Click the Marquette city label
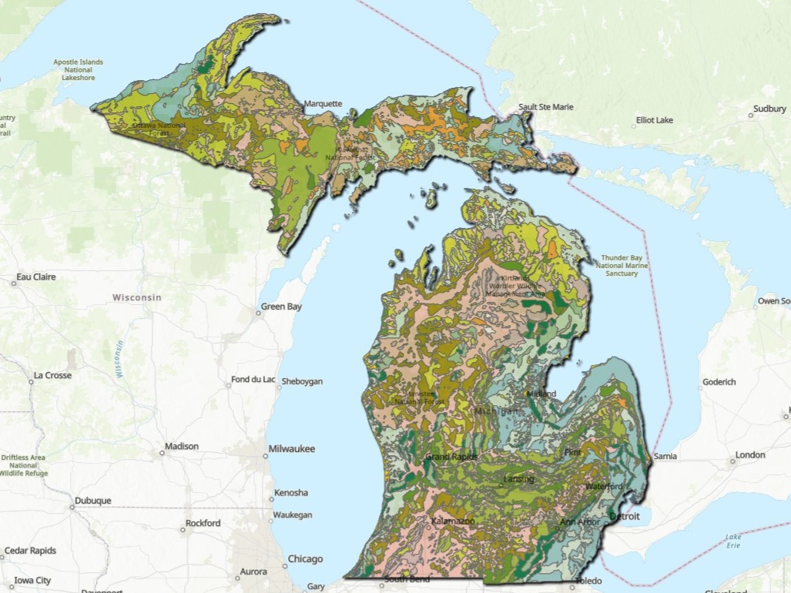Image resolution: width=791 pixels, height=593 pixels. (323, 103)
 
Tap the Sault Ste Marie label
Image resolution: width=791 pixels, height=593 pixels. (545, 107)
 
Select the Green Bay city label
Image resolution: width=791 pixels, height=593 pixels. (281, 307)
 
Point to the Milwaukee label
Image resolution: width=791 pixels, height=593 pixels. (291, 448)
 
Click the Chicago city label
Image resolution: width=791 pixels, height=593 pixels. (305, 558)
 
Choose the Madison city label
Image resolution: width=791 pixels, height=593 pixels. (182, 446)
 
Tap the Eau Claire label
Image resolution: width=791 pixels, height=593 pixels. (37, 276)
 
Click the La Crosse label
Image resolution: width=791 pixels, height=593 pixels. (52, 375)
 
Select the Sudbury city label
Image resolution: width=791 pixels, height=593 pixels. (769, 109)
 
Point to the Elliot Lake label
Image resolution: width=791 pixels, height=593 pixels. (655, 121)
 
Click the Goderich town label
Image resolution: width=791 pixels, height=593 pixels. (719, 382)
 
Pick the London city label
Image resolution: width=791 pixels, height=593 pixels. (750, 455)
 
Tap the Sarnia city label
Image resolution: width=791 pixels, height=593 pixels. (665, 456)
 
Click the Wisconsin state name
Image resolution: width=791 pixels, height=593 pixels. (136, 297)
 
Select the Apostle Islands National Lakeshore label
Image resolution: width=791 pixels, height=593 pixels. (78, 69)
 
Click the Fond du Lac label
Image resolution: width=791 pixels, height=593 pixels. (253, 380)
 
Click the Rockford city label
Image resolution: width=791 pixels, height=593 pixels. (203, 523)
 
